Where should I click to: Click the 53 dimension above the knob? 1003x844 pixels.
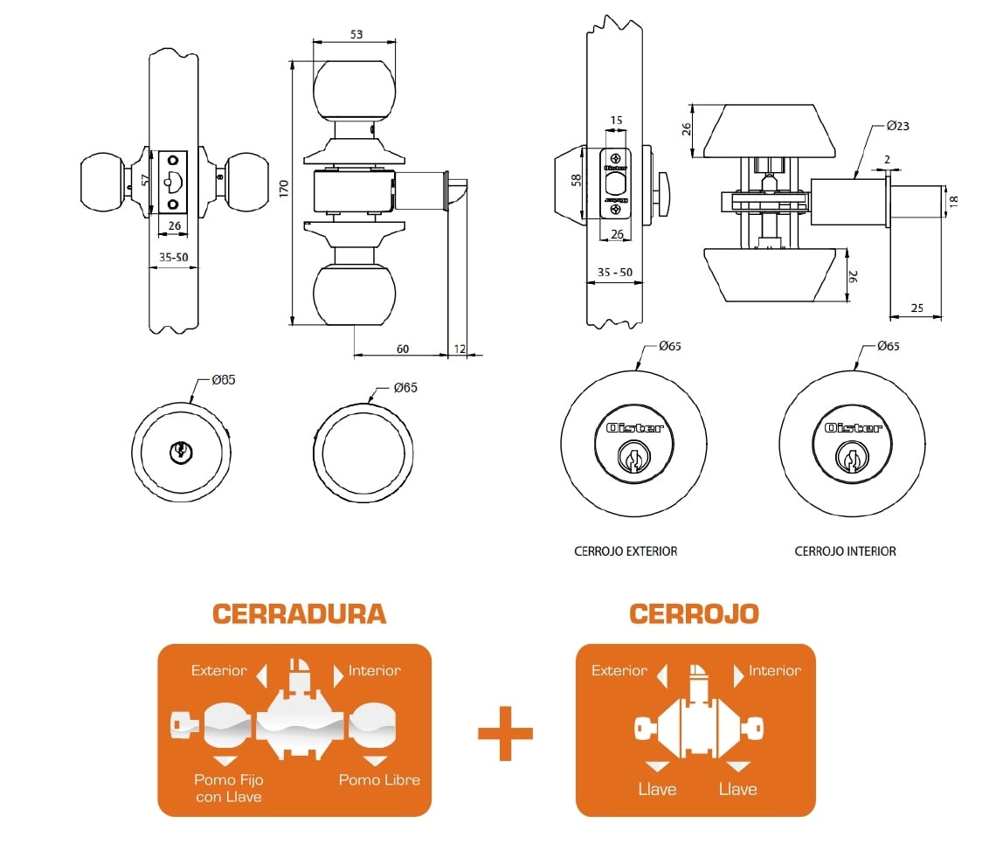(356, 34)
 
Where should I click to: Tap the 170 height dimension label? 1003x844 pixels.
(284, 189)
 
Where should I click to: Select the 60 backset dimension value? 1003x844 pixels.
(403, 349)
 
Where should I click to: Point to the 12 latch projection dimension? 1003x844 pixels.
(460, 349)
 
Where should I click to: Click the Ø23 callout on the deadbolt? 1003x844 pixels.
(898, 126)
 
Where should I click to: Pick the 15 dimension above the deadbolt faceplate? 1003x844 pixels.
(616, 121)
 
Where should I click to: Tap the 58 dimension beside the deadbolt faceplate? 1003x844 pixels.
(577, 181)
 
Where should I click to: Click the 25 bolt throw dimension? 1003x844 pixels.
(917, 308)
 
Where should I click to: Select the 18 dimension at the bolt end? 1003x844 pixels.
(954, 201)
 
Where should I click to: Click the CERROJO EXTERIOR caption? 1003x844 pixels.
(626, 551)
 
